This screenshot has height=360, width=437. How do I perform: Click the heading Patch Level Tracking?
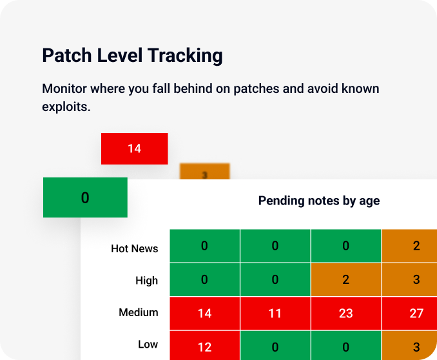[x=132, y=55]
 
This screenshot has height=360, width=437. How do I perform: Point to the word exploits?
[x=66, y=106]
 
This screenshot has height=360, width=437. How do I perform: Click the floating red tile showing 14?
[x=134, y=148]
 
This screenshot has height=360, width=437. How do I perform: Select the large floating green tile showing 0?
[x=85, y=197]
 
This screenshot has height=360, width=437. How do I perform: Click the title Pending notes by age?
[x=318, y=201]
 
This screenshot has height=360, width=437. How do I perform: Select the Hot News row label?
[x=134, y=248]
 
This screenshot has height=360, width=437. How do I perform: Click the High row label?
[x=146, y=280]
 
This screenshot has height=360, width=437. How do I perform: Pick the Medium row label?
[x=138, y=312]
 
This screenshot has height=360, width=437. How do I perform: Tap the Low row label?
[x=148, y=344]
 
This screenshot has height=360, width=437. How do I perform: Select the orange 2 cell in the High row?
[x=346, y=280]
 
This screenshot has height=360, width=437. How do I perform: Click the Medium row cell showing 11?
[x=275, y=313]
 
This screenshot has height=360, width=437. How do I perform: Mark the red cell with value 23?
[x=346, y=313]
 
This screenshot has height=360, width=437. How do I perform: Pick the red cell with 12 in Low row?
[x=204, y=346]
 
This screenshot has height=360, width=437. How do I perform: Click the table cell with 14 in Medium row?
[x=204, y=313]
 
